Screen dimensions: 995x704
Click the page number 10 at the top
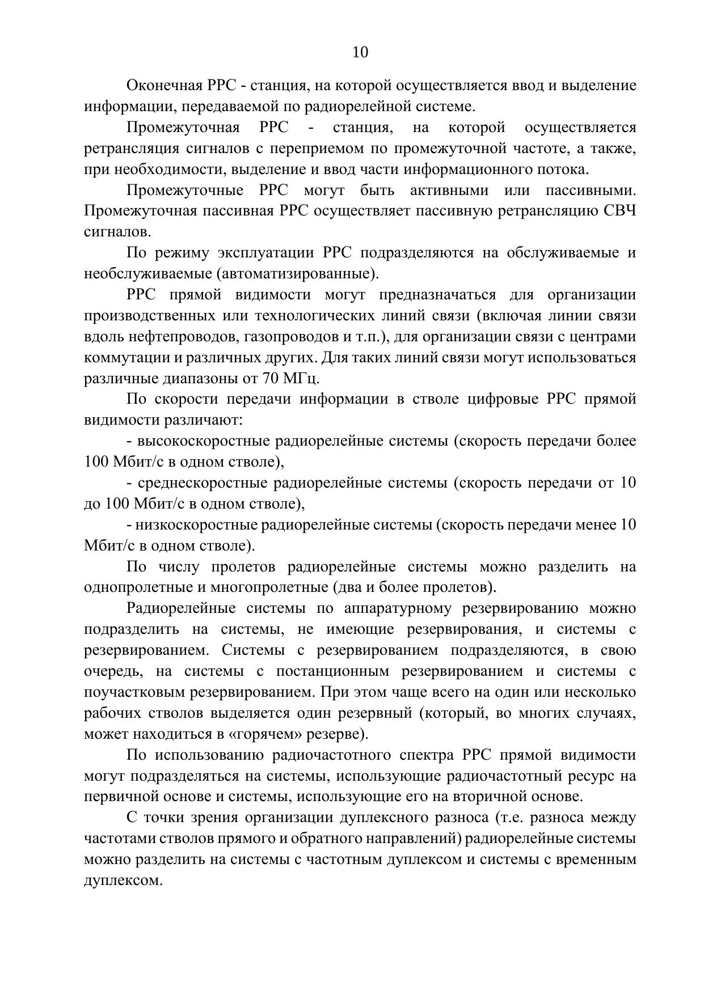[x=360, y=53]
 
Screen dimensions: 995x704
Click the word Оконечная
[x=164, y=86]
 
